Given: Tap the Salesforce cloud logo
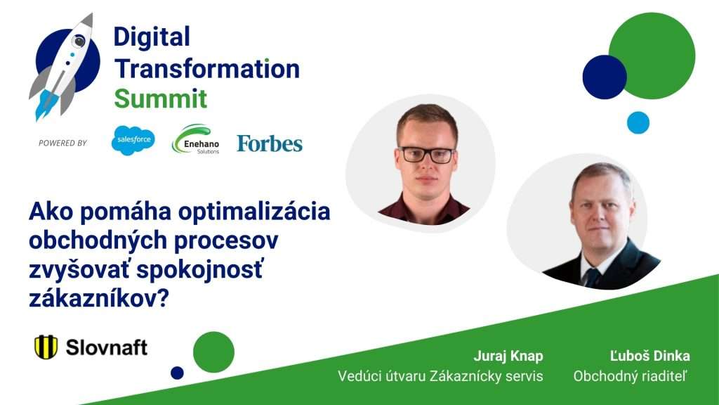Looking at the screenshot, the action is click(x=133, y=140).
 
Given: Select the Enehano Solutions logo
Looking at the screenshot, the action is click(x=196, y=140).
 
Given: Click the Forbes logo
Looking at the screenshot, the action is click(x=270, y=143).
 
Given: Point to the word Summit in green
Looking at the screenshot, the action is click(x=161, y=98).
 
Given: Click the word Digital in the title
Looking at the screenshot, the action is click(x=152, y=37).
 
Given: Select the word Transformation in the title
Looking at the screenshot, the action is click(x=207, y=69).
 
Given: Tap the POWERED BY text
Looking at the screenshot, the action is click(x=62, y=143).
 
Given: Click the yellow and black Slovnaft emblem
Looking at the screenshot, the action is click(x=46, y=347).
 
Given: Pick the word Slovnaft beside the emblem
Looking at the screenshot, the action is click(x=107, y=347).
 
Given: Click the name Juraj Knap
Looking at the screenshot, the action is click(x=508, y=356).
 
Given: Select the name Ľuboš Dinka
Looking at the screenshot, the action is click(x=649, y=355).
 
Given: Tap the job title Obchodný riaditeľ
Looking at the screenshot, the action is click(x=631, y=376).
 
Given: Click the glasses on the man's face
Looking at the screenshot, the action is click(x=427, y=155).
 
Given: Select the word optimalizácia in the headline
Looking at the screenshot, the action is click(x=254, y=212).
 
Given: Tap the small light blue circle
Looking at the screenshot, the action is click(x=638, y=122).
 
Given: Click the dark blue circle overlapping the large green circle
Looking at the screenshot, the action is click(x=605, y=77).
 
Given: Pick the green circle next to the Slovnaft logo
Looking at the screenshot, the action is click(x=213, y=352).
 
